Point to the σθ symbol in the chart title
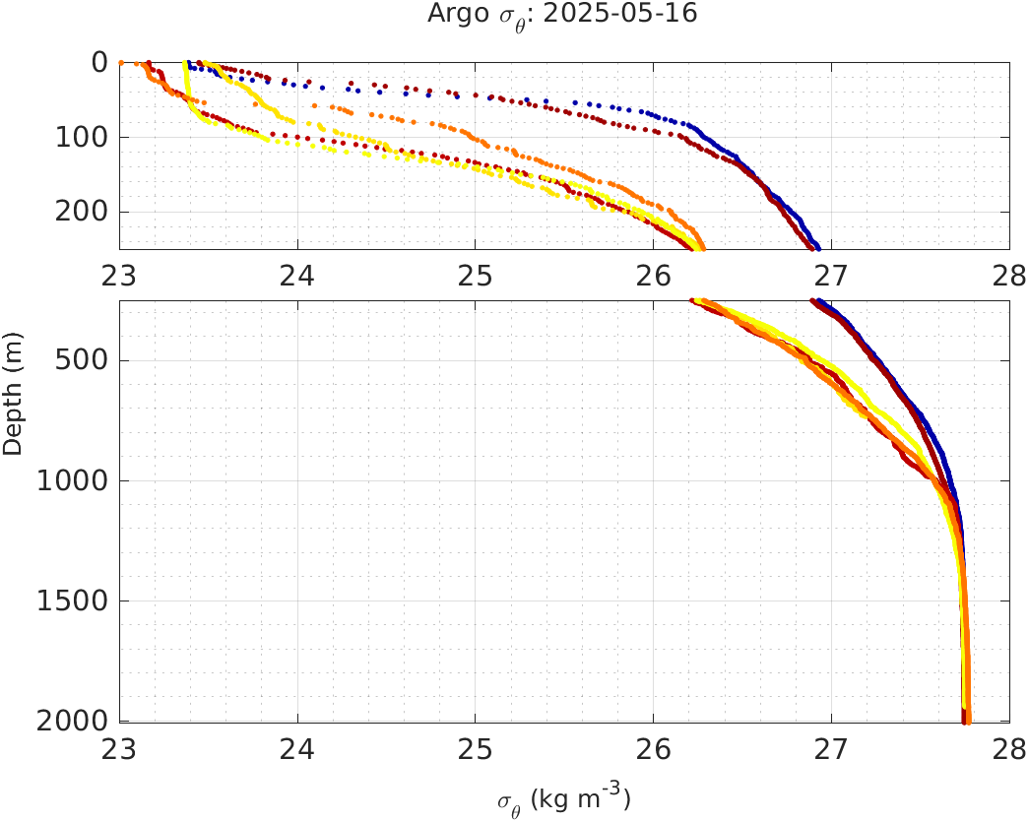click(x=511, y=18)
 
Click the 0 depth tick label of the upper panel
click(x=99, y=62)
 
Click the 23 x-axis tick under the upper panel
click(x=120, y=277)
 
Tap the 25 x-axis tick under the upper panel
click(x=476, y=277)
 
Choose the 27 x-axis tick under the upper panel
click(x=831, y=277)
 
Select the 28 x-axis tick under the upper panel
click(x=1008, y=277)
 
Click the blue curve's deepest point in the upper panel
click(x=817, y=247)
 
